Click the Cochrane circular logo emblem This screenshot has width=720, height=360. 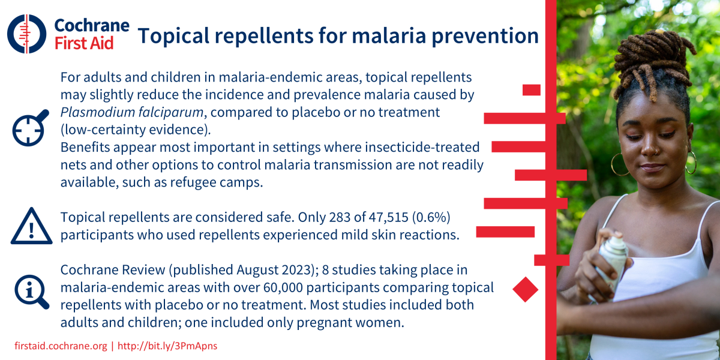pos(27,33)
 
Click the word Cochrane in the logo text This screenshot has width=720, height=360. pos(91,25)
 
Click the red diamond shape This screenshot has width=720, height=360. pos(526,289)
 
